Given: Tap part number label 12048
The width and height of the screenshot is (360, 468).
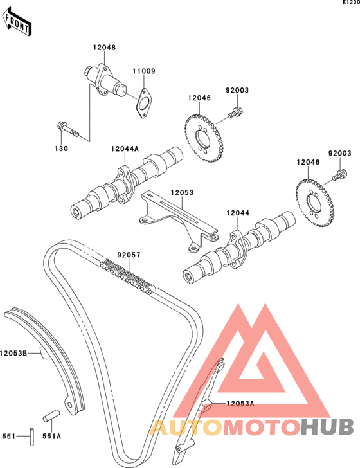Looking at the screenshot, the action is (104, 48).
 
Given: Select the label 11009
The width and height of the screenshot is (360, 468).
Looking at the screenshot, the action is (144, 71).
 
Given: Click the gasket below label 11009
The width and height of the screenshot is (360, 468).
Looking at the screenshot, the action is (144, 103).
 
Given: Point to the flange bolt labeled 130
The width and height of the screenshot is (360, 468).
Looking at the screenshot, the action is (67, 129).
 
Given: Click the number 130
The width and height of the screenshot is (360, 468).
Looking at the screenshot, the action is (61, 148).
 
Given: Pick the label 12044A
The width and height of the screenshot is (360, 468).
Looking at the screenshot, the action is (125, 148).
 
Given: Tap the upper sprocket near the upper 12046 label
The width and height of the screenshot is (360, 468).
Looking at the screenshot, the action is (204, 138).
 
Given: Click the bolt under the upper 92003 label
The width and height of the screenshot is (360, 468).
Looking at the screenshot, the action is (236, 113).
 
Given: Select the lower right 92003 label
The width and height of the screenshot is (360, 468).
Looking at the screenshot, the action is (340, 153).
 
